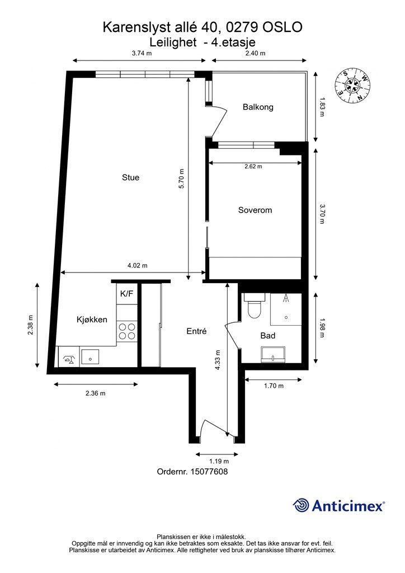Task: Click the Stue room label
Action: (130, 177)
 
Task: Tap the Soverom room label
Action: (255, 210)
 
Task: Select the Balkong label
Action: (258, 107)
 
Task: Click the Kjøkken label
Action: (92, 320)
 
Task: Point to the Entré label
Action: (197, 331)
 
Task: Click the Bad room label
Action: (267, 336)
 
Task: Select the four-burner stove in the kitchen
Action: (127, 332)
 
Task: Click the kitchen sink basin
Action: (90, 356)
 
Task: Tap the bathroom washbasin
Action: (273, 353)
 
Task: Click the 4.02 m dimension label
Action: (136, 266)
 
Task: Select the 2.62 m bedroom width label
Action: (253, 166)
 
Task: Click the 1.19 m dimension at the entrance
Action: (219, 462)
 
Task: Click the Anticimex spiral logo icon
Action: (301, 505)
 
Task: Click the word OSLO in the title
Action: (283, 27)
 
